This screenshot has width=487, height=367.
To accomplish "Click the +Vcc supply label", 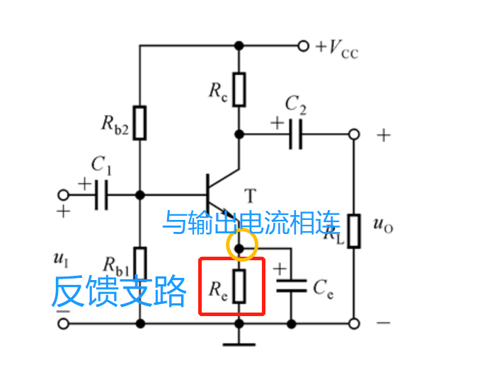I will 337,48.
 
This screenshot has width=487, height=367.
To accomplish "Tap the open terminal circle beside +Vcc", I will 303,46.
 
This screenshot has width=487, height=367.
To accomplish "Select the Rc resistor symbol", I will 240,88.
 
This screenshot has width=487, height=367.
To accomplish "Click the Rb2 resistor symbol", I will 140,122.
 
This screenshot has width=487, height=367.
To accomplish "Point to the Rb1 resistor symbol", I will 140,263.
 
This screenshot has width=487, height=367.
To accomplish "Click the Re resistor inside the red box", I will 239,286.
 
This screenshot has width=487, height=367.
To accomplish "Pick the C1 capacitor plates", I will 101,194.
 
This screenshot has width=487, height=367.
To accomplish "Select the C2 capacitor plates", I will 297,133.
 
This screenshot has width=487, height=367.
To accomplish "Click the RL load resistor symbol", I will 353,231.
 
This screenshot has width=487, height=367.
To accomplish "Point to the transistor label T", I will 249,194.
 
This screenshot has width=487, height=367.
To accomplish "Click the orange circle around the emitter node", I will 241,246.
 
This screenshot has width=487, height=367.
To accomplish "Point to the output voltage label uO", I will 382,226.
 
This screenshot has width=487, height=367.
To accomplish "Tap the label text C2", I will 296,105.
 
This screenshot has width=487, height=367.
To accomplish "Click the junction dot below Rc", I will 240,133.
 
